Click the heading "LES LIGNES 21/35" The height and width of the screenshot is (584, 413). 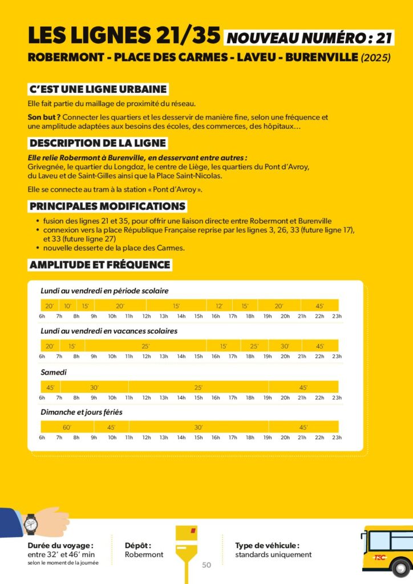124,36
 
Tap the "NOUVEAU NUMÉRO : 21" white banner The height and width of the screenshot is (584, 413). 309,38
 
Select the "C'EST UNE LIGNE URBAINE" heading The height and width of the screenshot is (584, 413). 98,90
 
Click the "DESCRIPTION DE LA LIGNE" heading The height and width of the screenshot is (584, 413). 98,143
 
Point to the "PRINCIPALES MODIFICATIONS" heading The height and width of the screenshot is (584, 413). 107,206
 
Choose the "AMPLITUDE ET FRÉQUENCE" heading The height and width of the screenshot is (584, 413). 100,265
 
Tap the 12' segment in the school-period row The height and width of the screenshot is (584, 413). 219,306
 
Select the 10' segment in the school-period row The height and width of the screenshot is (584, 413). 67,306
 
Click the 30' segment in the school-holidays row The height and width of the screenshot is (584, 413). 285,346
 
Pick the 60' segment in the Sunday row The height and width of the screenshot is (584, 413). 66,427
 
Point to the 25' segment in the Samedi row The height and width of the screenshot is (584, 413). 199,387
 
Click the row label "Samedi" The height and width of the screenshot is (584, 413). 54,372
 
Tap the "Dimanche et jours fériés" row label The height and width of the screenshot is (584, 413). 82,412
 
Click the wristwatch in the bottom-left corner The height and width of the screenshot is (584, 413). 30,524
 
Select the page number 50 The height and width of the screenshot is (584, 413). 206,565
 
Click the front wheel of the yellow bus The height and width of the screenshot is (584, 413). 401,568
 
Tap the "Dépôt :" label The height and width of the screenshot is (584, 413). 138,545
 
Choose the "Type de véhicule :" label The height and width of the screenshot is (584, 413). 267,545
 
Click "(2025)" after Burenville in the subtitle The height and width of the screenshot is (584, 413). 376,58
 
